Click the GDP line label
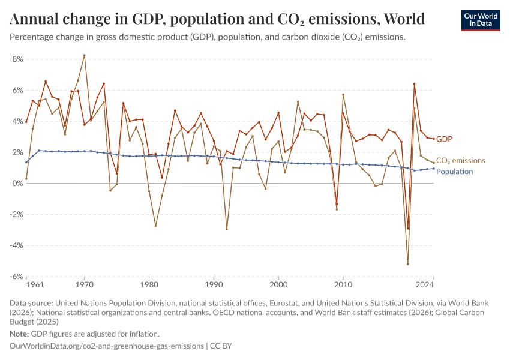tap(444, 139)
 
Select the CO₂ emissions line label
tap(460, 161)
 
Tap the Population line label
tap(454, 172)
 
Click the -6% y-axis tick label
tap(16, 277)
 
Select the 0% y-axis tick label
tap(17, 184)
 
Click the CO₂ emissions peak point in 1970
tap(84, 55)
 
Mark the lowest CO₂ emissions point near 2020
tap(408, 264)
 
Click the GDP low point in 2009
tap(337, 204)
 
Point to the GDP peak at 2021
tap(414, 84)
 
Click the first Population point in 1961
tap(26, 163)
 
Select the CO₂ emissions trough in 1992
tap(227, 229)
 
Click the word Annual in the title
tap(34, 19)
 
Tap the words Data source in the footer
tap(31, 304)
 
